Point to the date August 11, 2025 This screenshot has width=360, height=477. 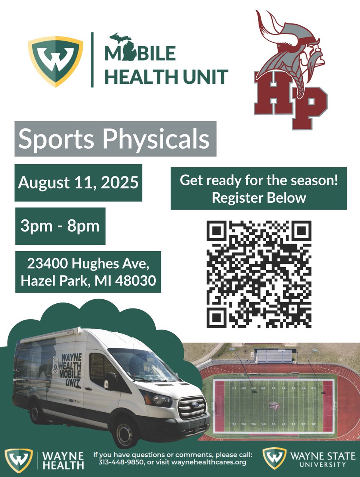tap(78, 182)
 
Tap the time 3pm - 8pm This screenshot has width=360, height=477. tap(60, 226)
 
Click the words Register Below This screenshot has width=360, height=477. tap(259, 198)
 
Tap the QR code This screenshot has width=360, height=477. tap(259, 274)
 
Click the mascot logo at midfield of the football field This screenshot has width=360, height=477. tap(273, 405)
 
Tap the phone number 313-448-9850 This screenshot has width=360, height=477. tap(115, 462)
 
